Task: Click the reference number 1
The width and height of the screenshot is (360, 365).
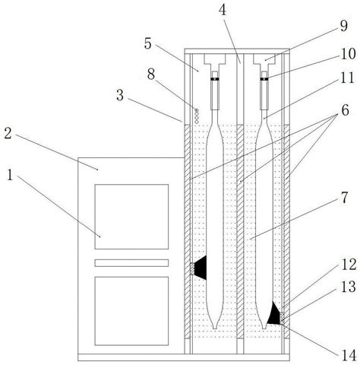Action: point(10,175)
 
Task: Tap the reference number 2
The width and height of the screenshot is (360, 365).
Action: point(8,133)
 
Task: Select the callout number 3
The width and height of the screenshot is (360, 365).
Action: point(120,95)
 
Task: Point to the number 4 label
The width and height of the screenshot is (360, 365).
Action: point(223,10)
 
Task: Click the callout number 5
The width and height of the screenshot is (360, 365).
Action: point(148,43)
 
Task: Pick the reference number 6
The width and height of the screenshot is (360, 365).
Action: point(345,110)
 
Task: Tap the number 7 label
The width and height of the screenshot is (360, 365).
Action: point(344,198)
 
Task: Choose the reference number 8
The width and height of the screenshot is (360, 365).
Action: point(151,75)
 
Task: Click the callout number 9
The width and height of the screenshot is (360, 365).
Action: point(343,26)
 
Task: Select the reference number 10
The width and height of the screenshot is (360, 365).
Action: point(349,54)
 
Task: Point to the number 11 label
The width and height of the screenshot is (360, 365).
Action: point(347,78)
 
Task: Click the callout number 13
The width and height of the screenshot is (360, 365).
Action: point(349,287)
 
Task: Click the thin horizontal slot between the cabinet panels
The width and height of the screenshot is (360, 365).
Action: point(131,263)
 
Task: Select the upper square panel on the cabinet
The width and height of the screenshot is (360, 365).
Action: point(131,217)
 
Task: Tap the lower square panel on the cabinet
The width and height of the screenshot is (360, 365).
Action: point(131,311)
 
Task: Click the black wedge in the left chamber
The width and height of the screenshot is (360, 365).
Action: point(201,268)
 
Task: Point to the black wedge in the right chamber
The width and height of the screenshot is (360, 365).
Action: point(274,313)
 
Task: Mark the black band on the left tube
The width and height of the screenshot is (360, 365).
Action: point(215,79)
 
